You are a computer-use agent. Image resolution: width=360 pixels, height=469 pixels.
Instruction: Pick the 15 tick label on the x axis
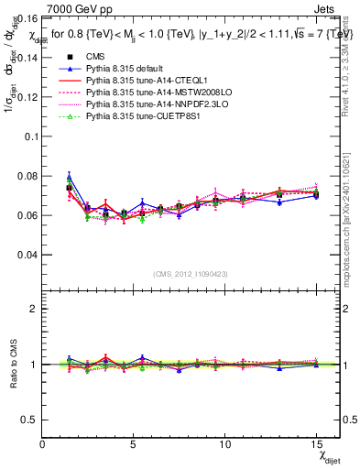pos(316,444)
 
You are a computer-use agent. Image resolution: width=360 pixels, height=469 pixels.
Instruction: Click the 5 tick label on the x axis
pos(134,444)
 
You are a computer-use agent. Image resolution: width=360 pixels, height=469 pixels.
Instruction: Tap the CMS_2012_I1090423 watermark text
pos(191,274)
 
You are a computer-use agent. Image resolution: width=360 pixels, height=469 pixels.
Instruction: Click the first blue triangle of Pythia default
pos(69,178)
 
